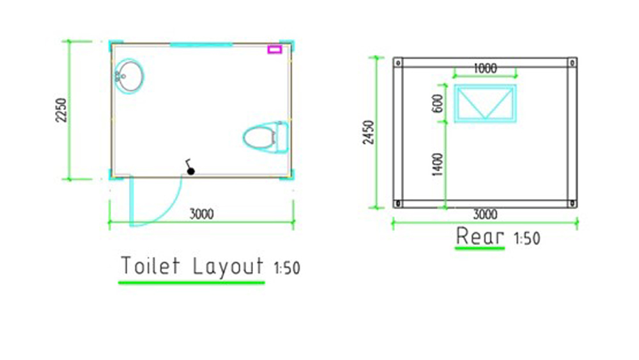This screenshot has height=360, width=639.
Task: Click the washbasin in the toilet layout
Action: pos(129,75)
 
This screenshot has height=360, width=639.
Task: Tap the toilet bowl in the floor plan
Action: pos(266,137)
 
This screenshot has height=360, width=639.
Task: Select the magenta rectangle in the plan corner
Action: pos(275,49)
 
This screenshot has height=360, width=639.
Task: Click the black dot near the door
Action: pos(190,171)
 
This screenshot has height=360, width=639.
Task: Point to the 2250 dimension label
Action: pos(61,110)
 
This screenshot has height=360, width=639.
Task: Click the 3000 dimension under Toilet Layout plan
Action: pos(202,214)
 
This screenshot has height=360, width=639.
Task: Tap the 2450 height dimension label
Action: pos(369,132)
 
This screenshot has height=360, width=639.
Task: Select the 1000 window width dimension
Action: pos(485,68)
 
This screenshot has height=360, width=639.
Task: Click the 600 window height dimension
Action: pos(438,103)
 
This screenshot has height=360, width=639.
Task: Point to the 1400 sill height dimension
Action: pos(437,165)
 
